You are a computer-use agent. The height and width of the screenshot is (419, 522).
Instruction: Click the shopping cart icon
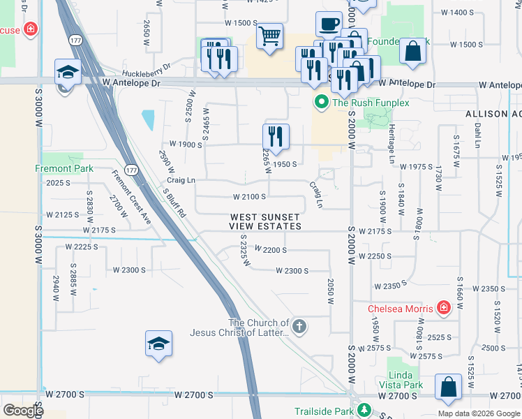(x=269, y=35)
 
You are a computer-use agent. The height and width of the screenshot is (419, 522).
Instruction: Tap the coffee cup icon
(x=329, y=24)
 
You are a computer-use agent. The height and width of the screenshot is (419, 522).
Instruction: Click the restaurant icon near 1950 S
(x=276, y=137)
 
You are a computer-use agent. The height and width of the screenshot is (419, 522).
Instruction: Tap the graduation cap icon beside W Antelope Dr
(x=68, y=73)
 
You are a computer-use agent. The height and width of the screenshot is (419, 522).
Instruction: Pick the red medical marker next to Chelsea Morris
(x=443, y=308)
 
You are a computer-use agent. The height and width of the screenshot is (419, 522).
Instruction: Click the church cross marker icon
(x=299, y=327)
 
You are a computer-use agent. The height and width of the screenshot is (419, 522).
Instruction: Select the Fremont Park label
(x=64, y=168)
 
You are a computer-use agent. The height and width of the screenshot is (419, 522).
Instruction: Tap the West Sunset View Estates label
(x=266, y=222)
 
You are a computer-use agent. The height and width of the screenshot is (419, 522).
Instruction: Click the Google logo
(x=23, y=411)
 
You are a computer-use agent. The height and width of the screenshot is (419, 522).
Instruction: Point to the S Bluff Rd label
(x=174, y=202)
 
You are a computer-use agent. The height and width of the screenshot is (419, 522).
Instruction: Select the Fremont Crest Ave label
(x=131, y=196)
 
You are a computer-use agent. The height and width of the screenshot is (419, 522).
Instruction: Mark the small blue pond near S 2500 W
(x=148, y=120)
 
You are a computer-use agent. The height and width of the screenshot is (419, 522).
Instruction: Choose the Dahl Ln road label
(x=478, y=135)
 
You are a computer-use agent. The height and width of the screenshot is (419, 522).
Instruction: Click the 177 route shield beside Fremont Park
(x=130, y=170)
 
